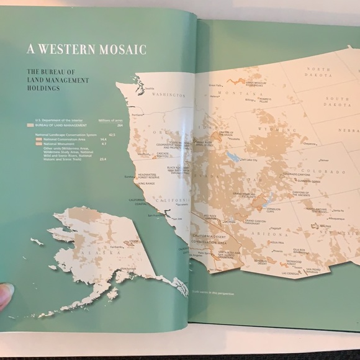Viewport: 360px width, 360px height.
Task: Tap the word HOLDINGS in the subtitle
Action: [43, 88]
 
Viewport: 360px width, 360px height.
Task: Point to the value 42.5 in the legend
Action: [112, 134]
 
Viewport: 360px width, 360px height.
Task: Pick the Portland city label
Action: [147, 114]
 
